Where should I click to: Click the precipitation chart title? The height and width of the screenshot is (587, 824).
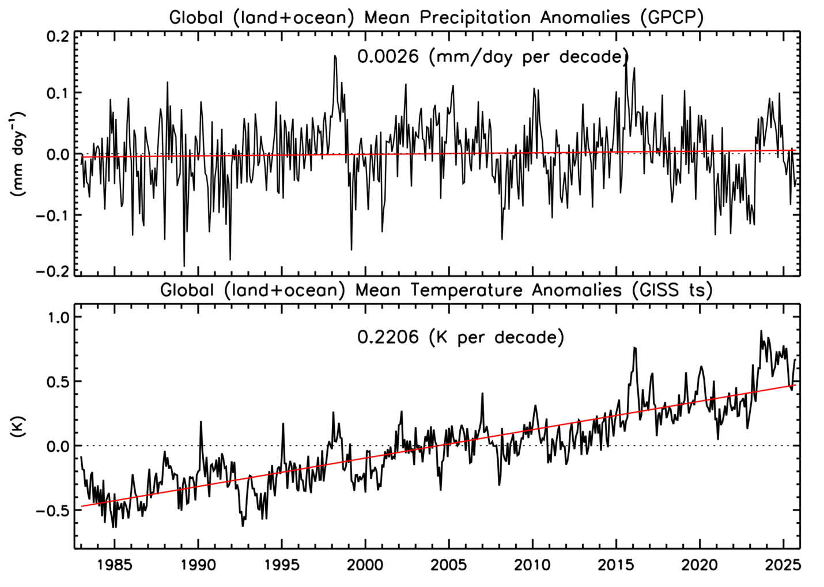pos(436,17)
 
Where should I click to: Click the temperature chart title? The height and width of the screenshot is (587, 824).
pos(436,290)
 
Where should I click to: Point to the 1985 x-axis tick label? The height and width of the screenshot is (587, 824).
pos(115,565)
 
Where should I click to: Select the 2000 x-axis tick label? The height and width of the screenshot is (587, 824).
pos(365,565)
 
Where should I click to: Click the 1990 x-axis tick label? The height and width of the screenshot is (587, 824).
pos(198,565)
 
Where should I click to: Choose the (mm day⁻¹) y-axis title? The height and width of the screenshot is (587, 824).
pos(19,154)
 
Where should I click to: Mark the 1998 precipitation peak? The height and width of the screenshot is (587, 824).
pos(335,56)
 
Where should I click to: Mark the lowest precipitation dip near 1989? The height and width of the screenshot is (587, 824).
pos(184,266)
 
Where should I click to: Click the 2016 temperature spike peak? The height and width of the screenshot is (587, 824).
pos(634,348)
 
